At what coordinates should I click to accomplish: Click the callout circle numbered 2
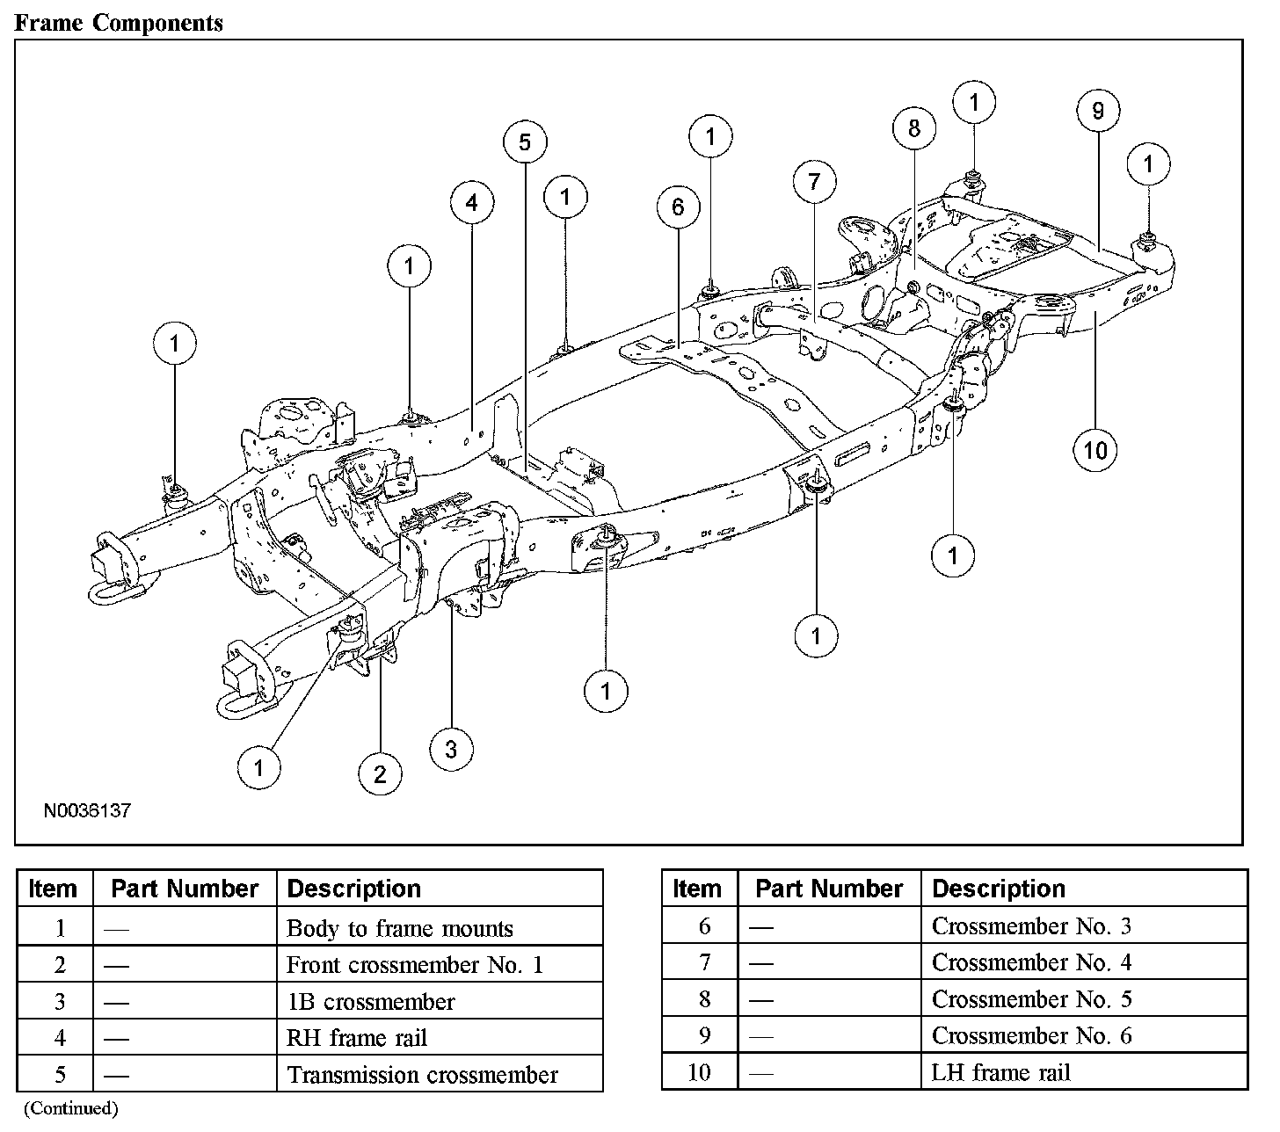[380, 774]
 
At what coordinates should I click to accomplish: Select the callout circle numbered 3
[451, 750]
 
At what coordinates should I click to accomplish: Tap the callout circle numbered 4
[472, 204]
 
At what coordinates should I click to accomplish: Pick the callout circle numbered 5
[525, 142]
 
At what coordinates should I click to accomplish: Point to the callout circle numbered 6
[678, 207]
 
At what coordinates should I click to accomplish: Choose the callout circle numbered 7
[814, 182]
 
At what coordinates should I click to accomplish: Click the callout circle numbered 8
[914, 128]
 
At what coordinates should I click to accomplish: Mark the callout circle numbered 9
[1098, 111]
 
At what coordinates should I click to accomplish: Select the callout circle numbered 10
[1095, 451]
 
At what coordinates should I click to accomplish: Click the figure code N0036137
[87, 810]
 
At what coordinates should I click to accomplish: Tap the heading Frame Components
[120, 23]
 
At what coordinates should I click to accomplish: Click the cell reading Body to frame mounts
[400, 928]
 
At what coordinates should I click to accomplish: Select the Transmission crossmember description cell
[423, 1075]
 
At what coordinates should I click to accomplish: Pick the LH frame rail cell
[1001, 1072]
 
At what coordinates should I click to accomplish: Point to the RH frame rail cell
[357, 1038]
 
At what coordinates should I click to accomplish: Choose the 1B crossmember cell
[371, 1002]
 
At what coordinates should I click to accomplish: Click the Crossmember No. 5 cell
[1032, 999]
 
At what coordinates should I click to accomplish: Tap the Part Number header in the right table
[829, 889]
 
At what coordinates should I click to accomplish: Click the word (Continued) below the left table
[70, 1108]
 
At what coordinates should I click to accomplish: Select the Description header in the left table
[354, 889]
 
